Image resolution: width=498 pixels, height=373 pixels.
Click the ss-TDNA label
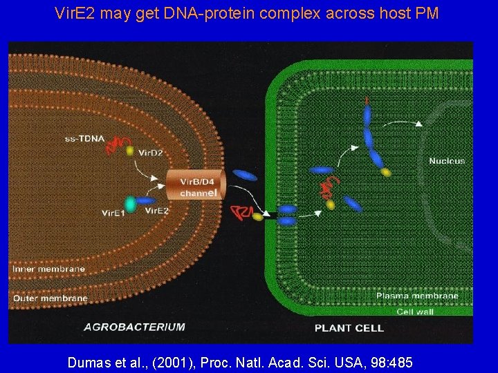tap(85, 138)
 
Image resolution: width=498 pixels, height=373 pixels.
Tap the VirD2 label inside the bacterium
tap(151, 153)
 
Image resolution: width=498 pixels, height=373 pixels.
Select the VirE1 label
tap(113, 212)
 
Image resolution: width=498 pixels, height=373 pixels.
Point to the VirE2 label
tap(157, 211)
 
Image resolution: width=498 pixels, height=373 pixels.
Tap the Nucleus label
tap(447, 161)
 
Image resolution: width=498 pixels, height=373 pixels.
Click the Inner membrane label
tap(48, 269)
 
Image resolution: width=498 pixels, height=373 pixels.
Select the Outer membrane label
tap(50, 298)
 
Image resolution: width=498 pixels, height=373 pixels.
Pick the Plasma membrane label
tap(417, 296)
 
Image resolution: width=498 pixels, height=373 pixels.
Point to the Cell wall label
tap(415, 312)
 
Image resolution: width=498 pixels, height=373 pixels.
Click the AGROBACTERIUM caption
tap(134, 327)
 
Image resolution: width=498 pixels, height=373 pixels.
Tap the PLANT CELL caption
tap(349, 327)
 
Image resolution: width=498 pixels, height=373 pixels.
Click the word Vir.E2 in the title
tap(75, 13)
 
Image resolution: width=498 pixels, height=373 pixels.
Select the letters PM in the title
tap(426, 13)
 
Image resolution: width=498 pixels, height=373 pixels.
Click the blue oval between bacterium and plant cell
tap(244, 175)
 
